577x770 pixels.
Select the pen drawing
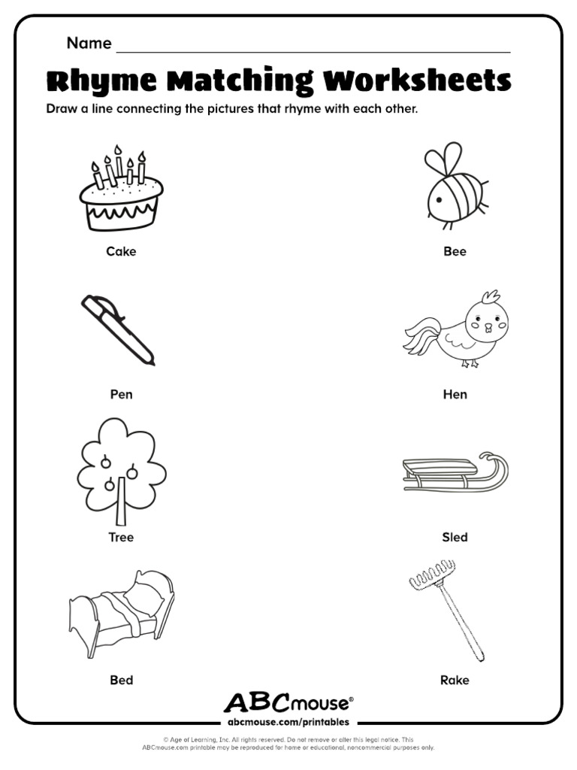point(118,329)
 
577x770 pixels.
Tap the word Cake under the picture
point(121,251)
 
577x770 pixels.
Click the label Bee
point(455,251)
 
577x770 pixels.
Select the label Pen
point(121,394)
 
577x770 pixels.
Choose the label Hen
point(455,394)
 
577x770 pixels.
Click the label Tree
point(121,537)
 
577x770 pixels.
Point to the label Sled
point(455,537)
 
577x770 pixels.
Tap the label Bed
point(121,680)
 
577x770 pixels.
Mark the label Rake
point(455,680)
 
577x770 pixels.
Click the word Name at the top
point(89,43)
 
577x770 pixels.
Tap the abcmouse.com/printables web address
point(288,722)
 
